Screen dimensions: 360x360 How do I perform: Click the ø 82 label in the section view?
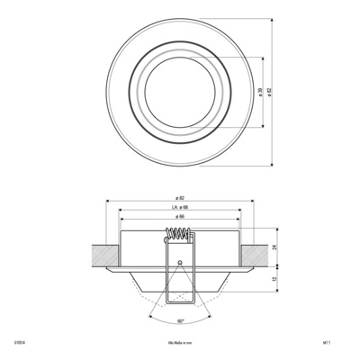179,197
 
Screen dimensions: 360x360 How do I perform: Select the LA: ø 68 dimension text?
179,207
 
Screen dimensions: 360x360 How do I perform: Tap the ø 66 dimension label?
179,217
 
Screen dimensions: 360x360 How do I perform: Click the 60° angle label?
180,320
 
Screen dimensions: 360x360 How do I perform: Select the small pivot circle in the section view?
180,264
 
